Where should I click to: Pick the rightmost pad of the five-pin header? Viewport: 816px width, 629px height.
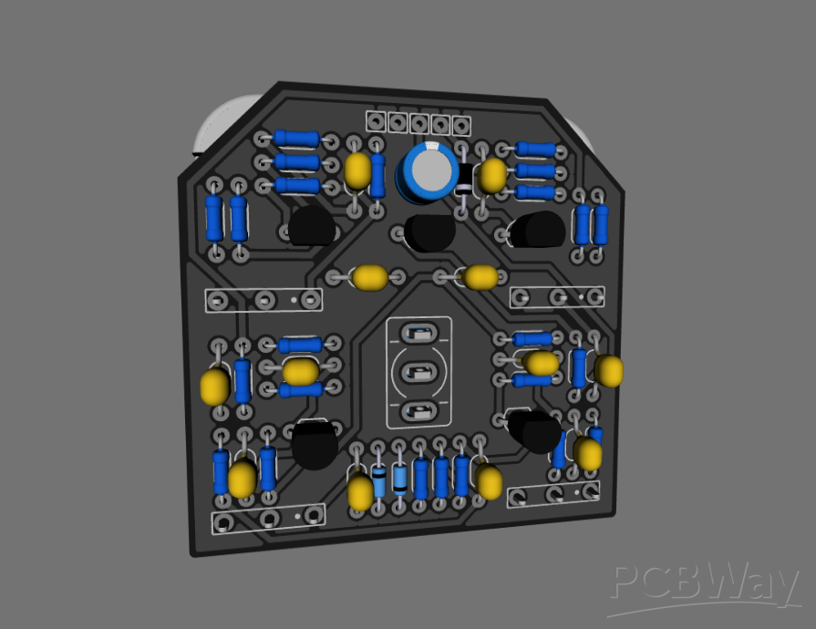tap(462, 124)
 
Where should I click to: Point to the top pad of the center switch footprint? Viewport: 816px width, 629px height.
tap(418, 333)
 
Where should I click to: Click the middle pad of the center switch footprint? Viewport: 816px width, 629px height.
tap(418, 372)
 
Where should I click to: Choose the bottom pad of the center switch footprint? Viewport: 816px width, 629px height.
tap(418, 410)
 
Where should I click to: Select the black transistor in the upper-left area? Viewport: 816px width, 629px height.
tap(311, 225)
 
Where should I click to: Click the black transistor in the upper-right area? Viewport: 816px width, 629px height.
tap(537, 230)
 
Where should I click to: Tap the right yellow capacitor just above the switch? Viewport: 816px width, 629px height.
tap(479, 276)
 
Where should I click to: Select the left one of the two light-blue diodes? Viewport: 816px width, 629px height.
tap(379, 480)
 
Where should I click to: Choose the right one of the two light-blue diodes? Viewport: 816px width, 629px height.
tap(399, 479)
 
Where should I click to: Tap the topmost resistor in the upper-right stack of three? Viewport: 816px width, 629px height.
tap(535, 150)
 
